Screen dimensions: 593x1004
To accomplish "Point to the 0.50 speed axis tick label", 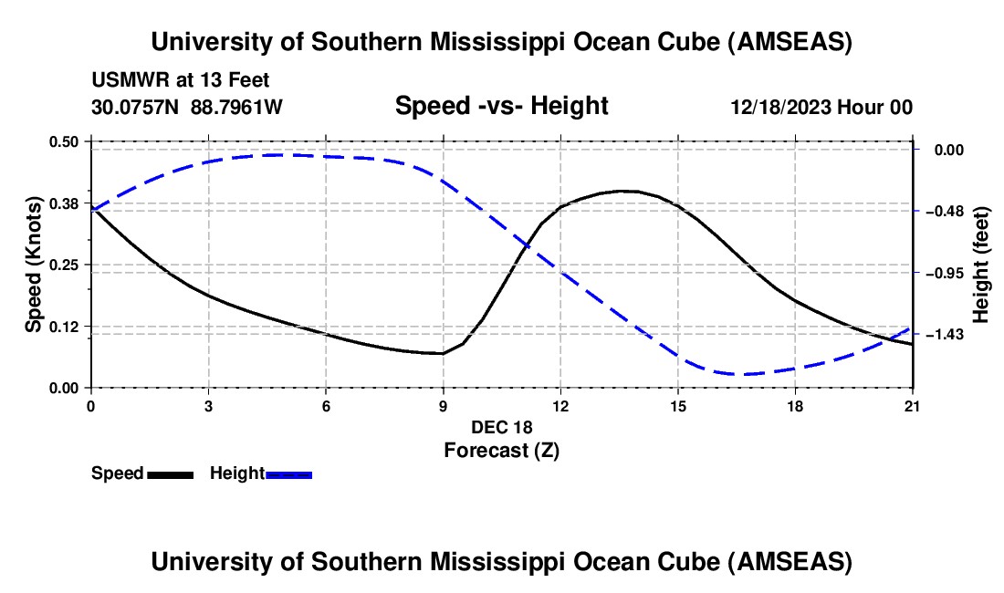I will pos(64,141).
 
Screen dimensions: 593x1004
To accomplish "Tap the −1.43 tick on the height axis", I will pos(944,335).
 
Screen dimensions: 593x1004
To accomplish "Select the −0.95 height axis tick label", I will pos(944,273).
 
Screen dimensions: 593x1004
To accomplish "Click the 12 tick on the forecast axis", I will pos(560,405).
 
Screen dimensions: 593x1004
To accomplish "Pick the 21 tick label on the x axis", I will pos(912,405).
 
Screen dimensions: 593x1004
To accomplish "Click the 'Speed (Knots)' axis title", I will pos(34,265).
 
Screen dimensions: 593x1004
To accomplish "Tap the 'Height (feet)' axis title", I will pos(981,265).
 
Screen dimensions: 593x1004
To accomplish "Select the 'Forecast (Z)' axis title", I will pos(501,450).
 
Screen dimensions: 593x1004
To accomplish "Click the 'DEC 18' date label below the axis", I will pos(501,427).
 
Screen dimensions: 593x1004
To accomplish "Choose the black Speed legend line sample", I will pos(170,474).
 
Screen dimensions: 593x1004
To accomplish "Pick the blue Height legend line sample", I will pos(289,474).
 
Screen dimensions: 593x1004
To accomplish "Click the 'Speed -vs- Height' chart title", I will pos(501,106).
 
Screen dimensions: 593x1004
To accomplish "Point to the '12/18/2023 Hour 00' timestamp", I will pos(821,108).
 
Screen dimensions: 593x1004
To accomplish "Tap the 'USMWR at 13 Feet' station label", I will pos(181,81).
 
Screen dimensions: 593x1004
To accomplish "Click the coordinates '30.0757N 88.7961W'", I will pos(187,108).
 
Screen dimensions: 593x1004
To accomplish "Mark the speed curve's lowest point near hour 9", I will pos(442,353).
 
